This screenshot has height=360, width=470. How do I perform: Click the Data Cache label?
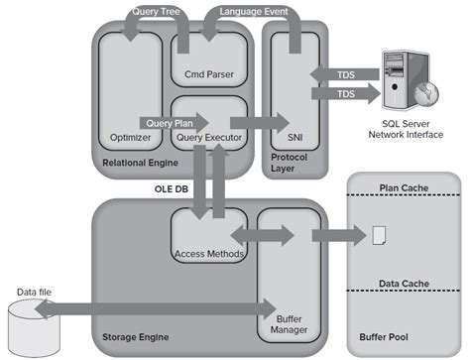point(404,284)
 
